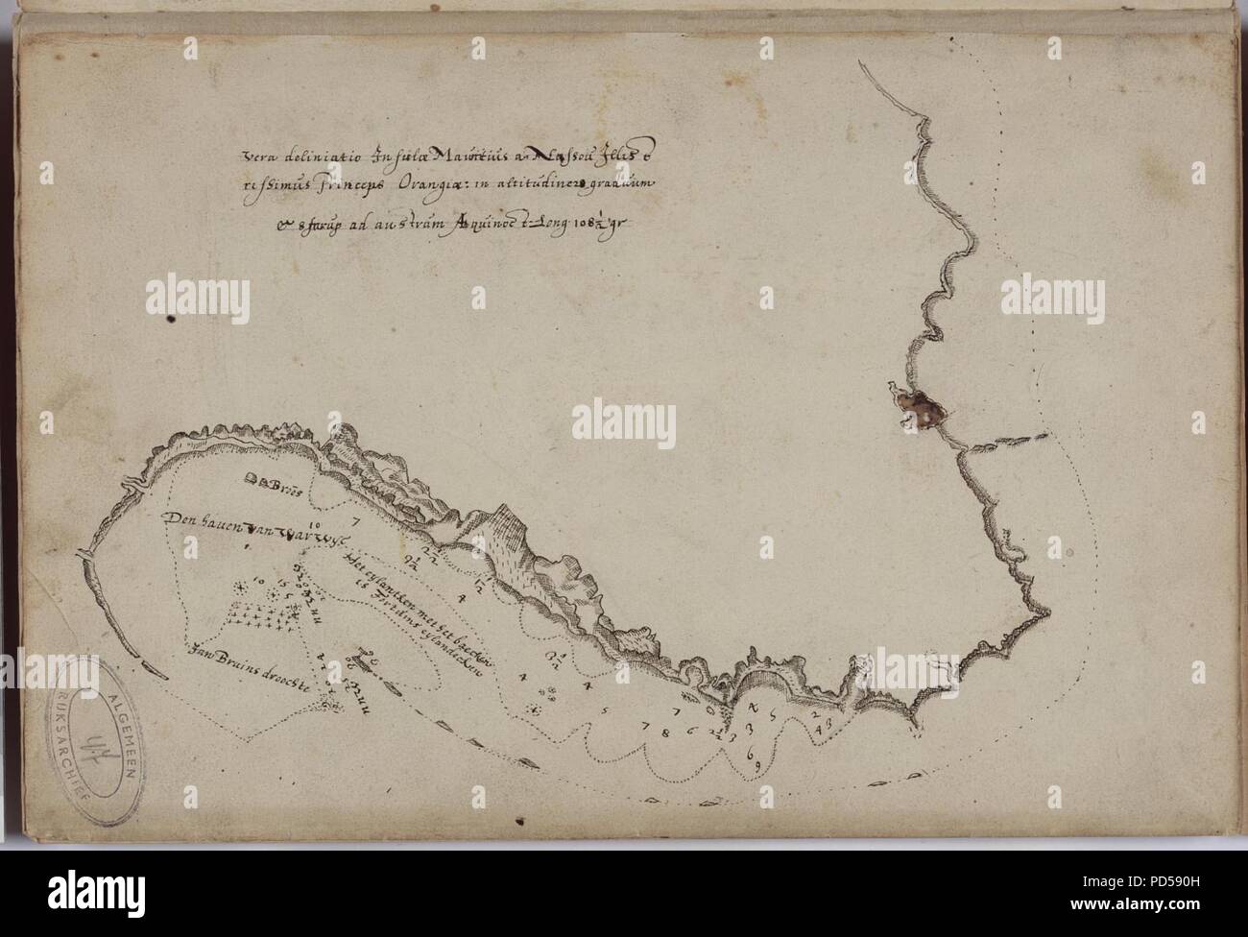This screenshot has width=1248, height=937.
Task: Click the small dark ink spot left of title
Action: (x=171, y=319)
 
